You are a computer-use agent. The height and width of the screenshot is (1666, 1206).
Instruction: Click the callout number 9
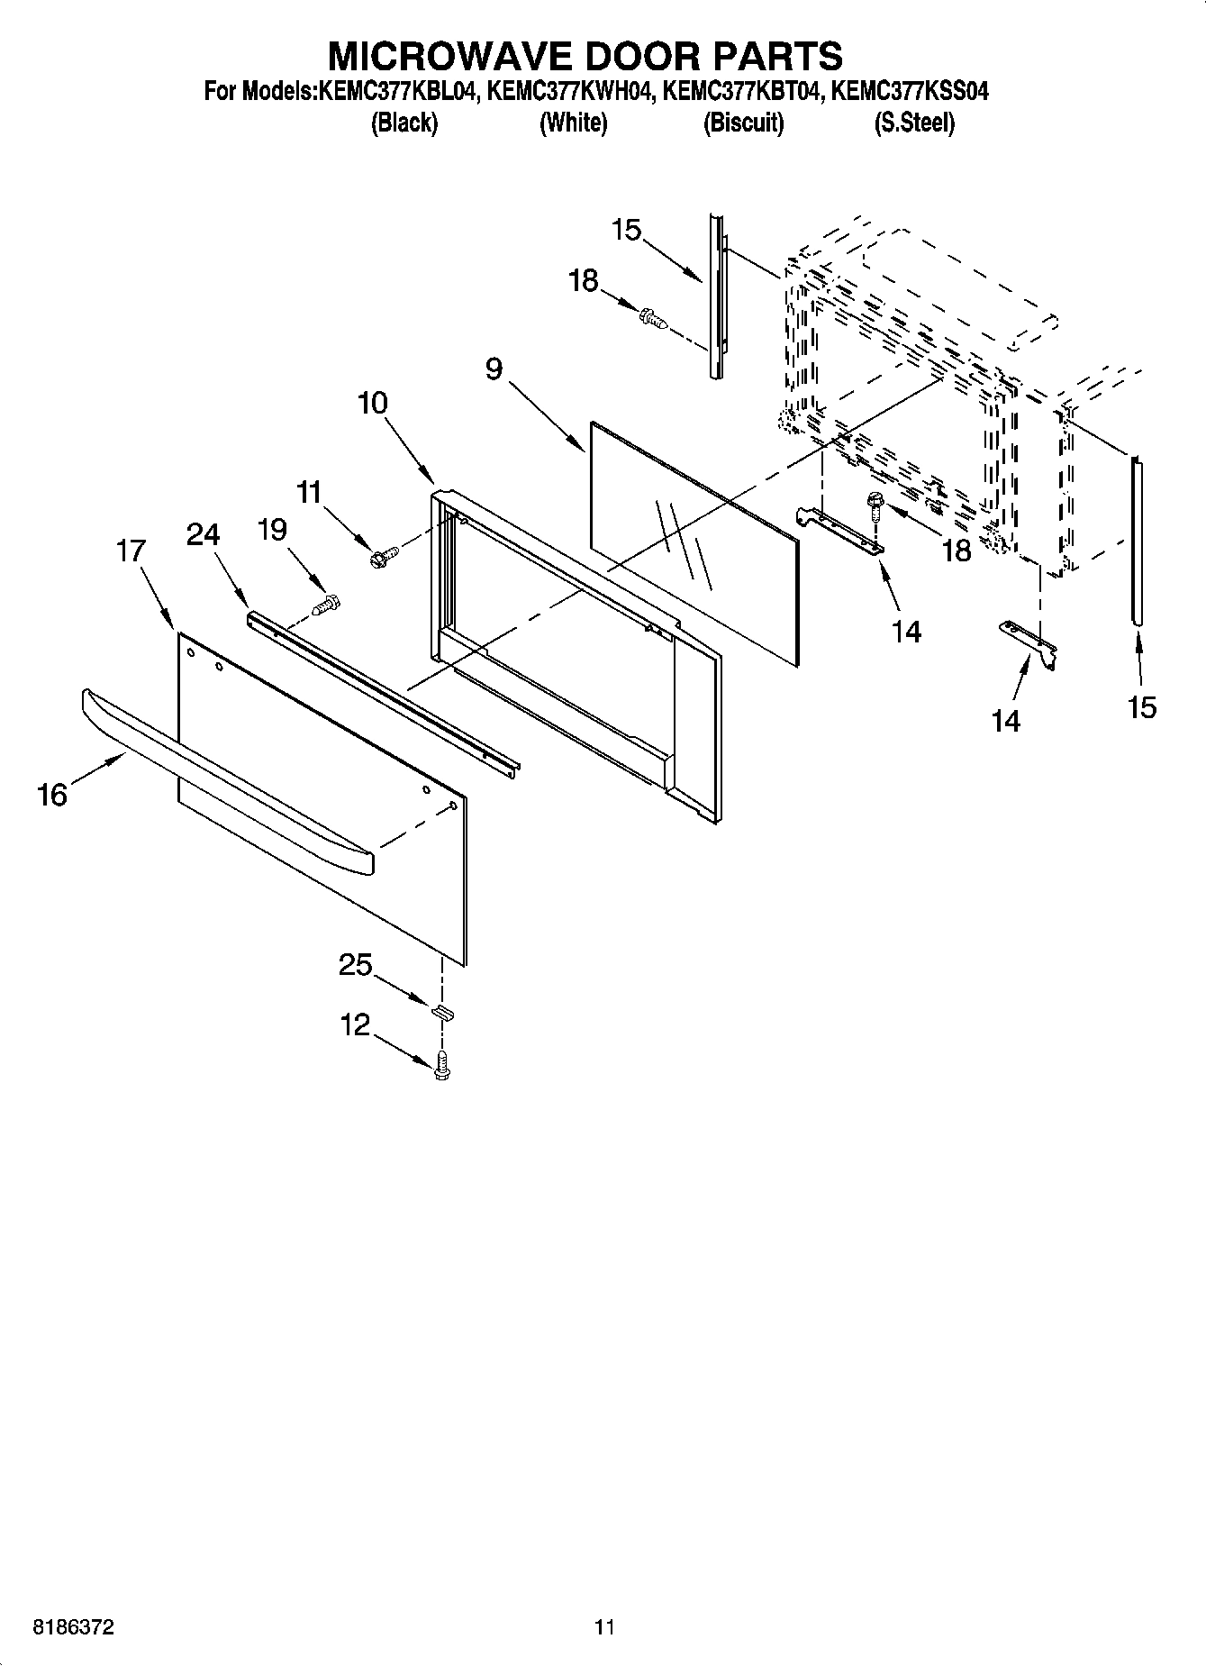click(x=494, y=369)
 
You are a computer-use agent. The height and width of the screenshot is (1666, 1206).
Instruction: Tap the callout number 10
click(x=372, y=403)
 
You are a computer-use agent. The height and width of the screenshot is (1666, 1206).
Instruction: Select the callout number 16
click(x=52, y=795)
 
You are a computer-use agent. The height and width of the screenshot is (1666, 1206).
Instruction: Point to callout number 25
click(x=355, y=965)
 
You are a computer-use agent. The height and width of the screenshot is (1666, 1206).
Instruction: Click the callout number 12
click(x=355, y=1024)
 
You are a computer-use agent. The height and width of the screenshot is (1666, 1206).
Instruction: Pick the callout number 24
click(x=203, y=535)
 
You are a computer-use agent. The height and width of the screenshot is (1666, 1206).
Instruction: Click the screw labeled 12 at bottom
click(x=441, y=1066)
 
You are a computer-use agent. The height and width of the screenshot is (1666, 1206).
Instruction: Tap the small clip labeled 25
click(x=441, y=1011)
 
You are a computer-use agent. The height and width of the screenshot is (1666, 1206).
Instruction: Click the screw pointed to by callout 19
click(x=325, y=606)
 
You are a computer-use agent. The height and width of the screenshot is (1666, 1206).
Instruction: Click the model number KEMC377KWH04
click(x=571, y=92)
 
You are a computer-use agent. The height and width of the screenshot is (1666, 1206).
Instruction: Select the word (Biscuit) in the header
click(x=743, y=123)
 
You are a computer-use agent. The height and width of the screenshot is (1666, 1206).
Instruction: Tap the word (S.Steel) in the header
click(x=913, y=123)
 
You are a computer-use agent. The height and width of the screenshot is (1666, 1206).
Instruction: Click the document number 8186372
click(x=74, y=1627)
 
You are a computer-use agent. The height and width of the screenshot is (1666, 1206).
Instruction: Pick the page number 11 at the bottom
click(x=603, y=1627)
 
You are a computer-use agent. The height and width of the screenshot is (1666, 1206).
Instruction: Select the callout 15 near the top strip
click(x=625, y=230)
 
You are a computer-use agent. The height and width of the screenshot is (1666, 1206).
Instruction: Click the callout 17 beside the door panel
click(x=131, y=550)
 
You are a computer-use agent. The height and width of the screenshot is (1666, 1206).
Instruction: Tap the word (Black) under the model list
click(x=404, y=123)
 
